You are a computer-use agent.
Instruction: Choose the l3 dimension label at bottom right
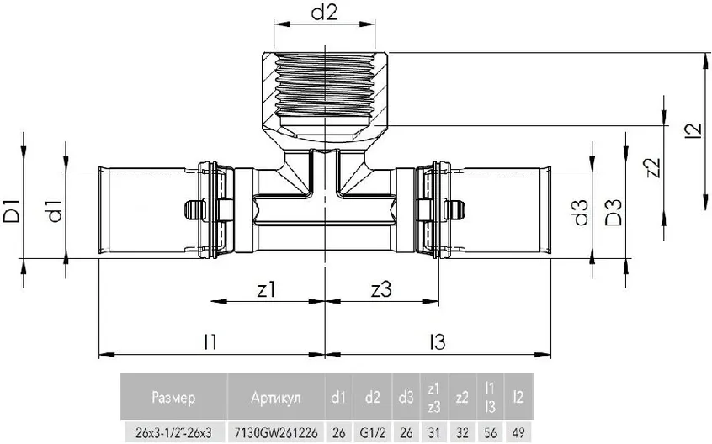[x=437, y=341]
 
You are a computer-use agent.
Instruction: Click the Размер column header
[x=173, y=396]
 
